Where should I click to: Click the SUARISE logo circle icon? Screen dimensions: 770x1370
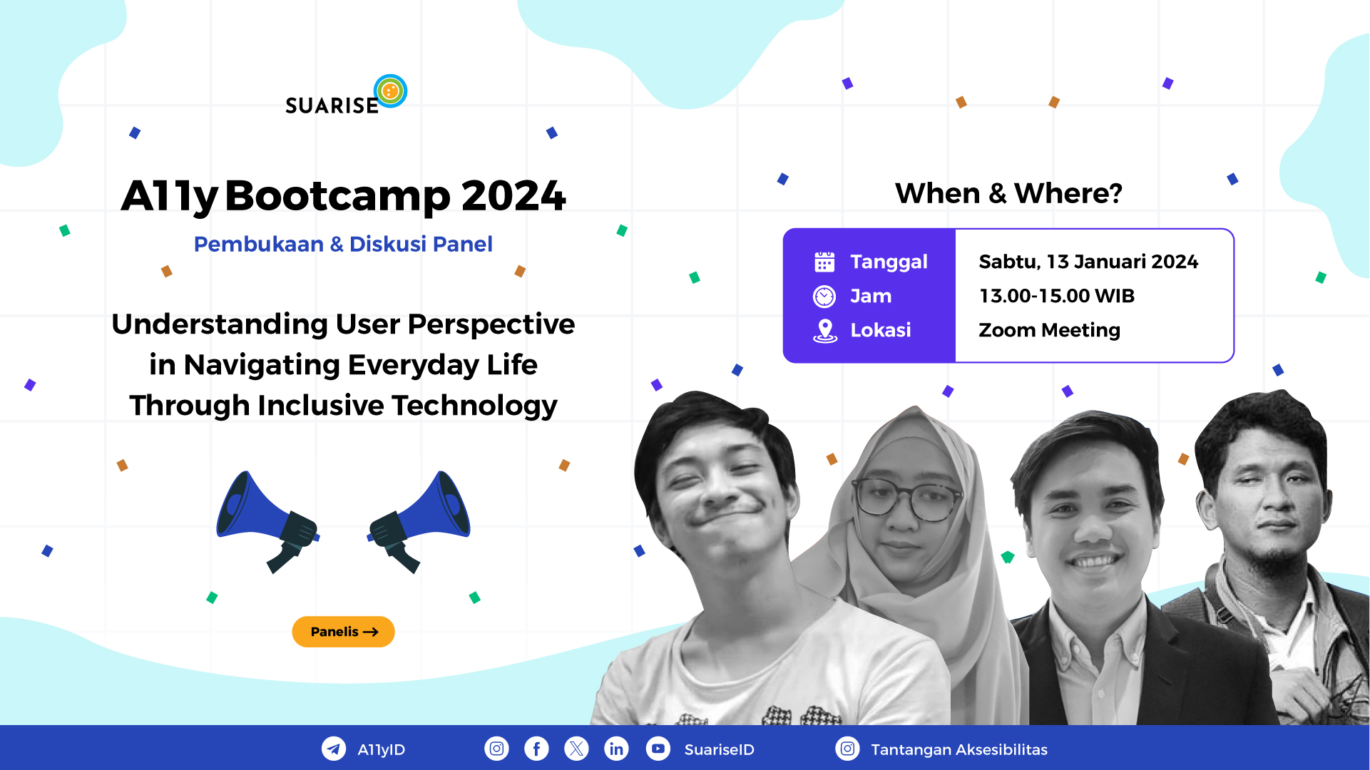pos(390,91)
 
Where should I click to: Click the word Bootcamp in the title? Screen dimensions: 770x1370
pos(338,196)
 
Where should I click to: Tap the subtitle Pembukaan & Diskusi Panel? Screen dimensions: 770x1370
pos(343,245)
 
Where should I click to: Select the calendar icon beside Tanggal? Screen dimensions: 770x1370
pos(824,262)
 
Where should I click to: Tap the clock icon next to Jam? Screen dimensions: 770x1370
pos(824,296)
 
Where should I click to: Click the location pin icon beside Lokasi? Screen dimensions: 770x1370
pos(825,331)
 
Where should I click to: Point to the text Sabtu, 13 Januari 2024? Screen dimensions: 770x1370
pos(1088,262)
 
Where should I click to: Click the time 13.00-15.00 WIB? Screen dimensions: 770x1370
pos(1056,296)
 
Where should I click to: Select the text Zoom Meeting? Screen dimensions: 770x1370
pos(1049,330)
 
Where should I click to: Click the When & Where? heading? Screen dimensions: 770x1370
pos(1008,193)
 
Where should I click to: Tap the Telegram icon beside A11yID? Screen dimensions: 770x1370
pos(334,749)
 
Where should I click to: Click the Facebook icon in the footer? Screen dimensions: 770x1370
pos(536,749)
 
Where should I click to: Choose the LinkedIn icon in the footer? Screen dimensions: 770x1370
pos(616,749)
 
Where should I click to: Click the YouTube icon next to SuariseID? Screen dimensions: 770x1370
pos(658,749)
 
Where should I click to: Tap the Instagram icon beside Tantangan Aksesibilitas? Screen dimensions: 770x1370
pos(847,749)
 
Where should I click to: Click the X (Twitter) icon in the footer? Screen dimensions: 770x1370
pos(576,749)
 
